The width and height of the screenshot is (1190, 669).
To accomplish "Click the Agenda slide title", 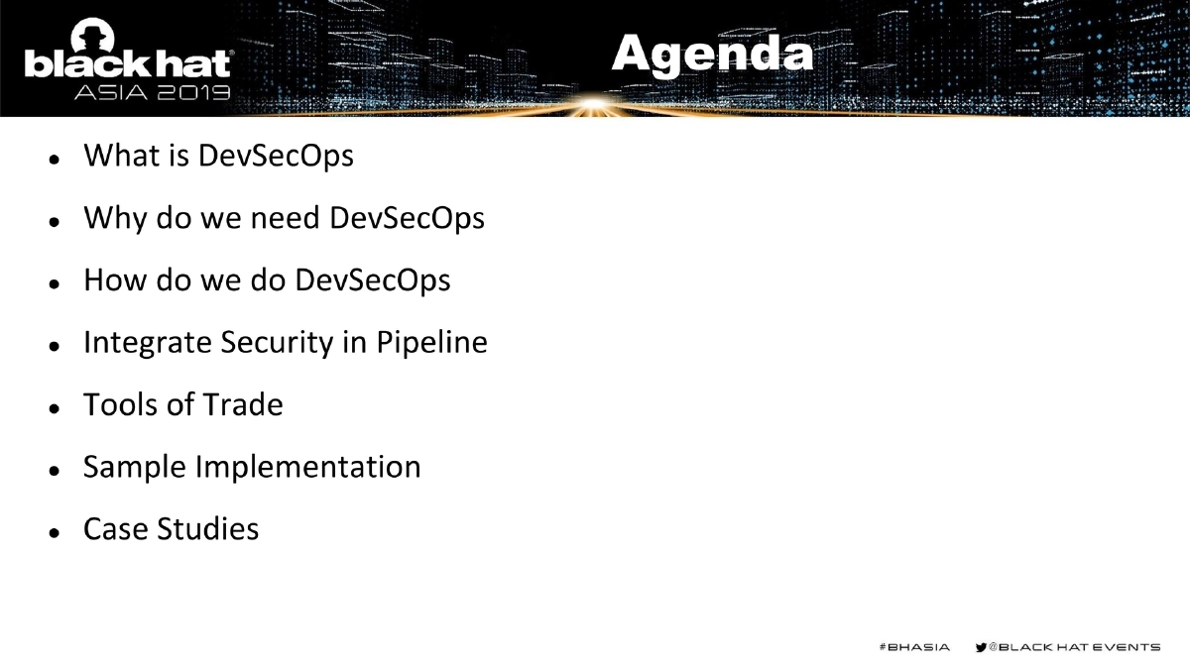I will tap(712, 54).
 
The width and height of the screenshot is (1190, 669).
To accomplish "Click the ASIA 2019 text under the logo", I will tap(153, 93).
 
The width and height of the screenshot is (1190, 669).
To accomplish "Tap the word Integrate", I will tap(147, 343).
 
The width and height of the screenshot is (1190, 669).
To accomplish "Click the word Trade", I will tap(243, 404).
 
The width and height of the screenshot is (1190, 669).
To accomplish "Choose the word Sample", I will tap(134, 467).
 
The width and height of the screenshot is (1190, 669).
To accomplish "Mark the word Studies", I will tap(208, 529).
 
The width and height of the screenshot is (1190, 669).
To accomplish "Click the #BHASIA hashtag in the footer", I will tap(914, 647).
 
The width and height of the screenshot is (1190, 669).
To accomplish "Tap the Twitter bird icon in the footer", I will tap(982, 647).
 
